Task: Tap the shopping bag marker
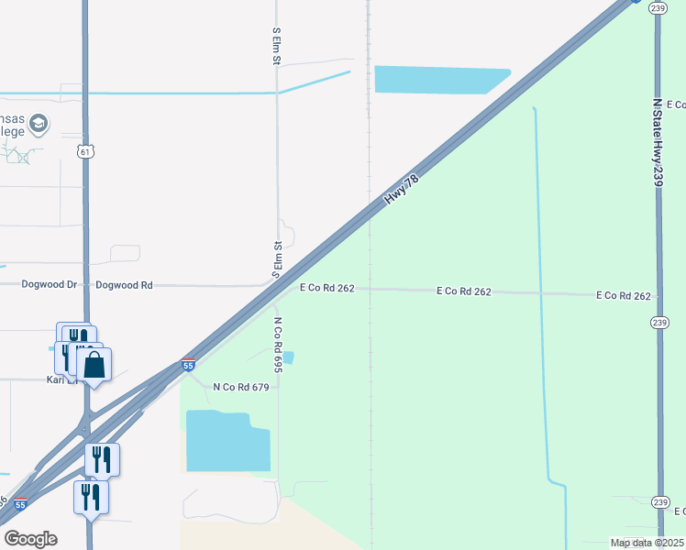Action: point(94,366)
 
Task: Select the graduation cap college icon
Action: point(39,123)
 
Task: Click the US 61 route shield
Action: point(85,151)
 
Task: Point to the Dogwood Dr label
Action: point(50,285)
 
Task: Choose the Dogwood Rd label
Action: point(124,285)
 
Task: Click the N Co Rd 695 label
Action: point(278,345)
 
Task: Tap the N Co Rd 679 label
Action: point(240,388)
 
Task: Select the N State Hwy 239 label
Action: point(658,144)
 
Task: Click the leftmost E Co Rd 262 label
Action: point(327,288)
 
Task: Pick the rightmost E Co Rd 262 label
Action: point(624,296)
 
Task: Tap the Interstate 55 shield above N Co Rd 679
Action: point(188,365)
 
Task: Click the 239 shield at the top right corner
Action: point(657,7)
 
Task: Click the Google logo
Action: point(30,538)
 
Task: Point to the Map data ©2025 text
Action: point(646,543)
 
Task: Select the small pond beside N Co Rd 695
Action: point(289,357)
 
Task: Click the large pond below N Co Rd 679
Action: point(227,442)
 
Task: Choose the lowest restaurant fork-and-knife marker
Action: point(91,497)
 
